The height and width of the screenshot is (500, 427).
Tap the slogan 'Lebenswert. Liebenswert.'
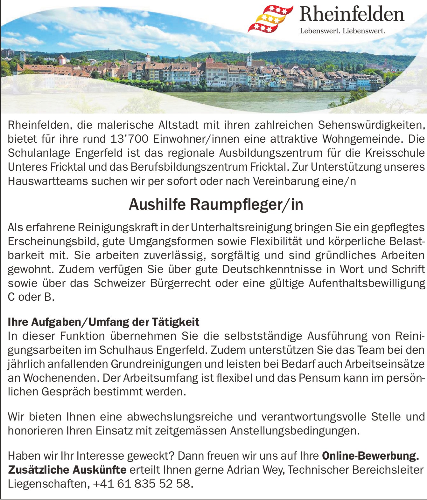pyautogui.click(x=342, y=31)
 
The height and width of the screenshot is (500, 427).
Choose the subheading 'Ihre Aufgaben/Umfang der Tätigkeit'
pyautogui.click(x=103, y=322)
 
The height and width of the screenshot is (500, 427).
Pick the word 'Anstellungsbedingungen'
pyautogui.click(x=294, y=431)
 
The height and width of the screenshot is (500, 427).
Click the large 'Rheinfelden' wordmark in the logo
pyautogui.click(x=352, y=15)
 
